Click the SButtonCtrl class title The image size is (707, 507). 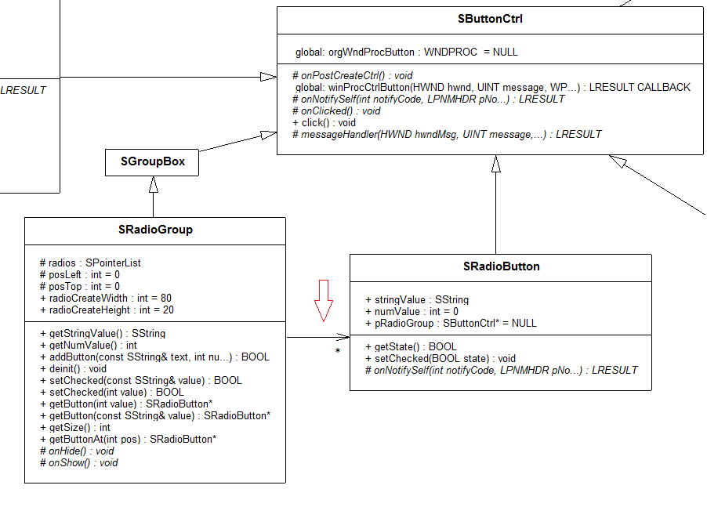click(x=490, y=19)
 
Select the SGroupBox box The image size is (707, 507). click(x=152, y=163)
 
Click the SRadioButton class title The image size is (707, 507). click(x=501, y=266)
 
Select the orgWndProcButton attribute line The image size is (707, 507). click(x=406, y=53)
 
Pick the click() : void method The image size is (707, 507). click(x=324, y=123)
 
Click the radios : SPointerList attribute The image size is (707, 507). click(x=90, y=263)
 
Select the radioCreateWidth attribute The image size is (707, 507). click(x=105, y=299)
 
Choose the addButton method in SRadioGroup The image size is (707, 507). click(x=154, y=357)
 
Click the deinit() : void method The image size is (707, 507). click(x=73, y=368)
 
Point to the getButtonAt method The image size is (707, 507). click(x=128, y=439)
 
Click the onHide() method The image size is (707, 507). click(x=76, y=451)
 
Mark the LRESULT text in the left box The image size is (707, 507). click(x=24, y=90)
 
